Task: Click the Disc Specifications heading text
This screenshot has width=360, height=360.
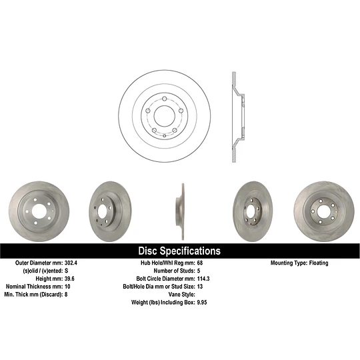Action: [179, 251]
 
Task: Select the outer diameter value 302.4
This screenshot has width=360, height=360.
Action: [71, 263]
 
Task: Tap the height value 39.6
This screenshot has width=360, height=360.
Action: [69, 279]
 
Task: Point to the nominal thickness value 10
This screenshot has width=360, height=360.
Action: [67, 286]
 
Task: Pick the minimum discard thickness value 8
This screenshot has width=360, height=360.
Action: [66, 295]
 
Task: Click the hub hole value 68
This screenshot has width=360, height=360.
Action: [200, 263]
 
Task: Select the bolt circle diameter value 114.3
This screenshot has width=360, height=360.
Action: [203, 279]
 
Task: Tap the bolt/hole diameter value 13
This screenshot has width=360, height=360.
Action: [200, 286]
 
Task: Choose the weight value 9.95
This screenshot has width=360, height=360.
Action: [202, 302]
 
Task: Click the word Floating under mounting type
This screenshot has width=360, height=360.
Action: [319, 263]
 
